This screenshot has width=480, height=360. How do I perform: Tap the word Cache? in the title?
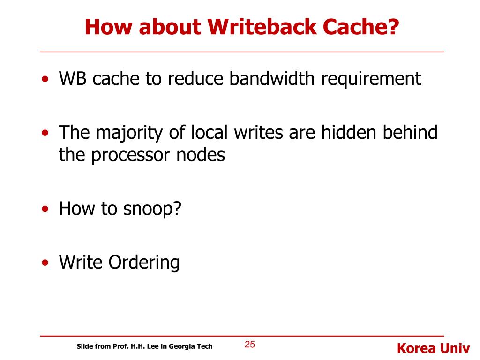pos(361,27)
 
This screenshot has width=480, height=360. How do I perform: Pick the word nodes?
pos(202,154)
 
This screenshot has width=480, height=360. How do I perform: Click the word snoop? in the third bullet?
pos(152,209)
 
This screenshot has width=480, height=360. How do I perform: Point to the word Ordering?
pos(144,263)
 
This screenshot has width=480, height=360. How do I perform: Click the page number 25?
pos(250,345)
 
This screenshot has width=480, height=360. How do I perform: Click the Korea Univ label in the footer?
pos(433,348)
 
